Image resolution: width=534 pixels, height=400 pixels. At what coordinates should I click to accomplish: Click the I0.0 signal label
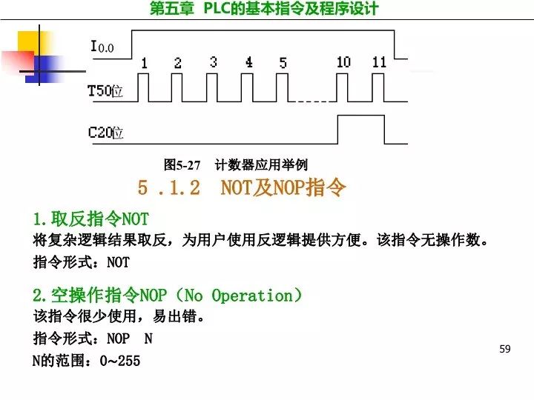pos(102,47)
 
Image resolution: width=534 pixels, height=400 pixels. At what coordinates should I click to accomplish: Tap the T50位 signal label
pos(105,91)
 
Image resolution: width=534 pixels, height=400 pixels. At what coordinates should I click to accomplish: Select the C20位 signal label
pos(105,133)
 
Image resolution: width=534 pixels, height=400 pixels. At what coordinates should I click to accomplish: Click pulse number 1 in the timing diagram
pos(144,63)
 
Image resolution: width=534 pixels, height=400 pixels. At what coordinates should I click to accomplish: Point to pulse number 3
pos(213,62)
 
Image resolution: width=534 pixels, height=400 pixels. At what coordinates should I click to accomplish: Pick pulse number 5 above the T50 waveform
pos(283,63)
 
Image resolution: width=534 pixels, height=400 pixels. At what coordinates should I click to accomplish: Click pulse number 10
pos(343,62)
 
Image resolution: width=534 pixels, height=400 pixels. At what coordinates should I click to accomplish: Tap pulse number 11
pos(379,62)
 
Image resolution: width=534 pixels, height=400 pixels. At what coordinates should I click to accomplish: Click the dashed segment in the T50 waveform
pos(310,101)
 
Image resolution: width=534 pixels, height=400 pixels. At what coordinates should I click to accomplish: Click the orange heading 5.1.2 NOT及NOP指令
pos(242,188)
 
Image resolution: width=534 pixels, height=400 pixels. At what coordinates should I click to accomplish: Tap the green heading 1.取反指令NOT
pos(90,219)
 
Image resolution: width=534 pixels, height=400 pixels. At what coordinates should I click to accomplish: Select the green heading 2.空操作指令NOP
pos(167,296)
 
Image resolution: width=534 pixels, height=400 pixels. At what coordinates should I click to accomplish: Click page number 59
pos(505,348)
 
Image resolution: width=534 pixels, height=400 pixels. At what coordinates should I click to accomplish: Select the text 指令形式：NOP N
pos(93,339)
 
